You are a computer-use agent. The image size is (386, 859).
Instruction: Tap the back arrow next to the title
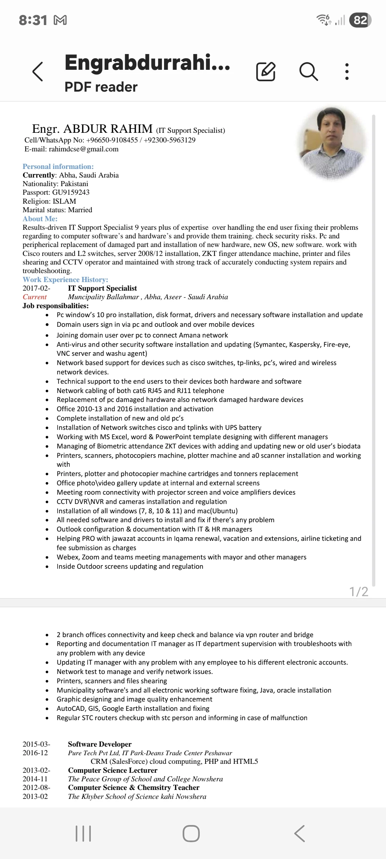coord(38,71)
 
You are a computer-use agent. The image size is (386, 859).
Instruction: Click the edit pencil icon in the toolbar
coord(266,71)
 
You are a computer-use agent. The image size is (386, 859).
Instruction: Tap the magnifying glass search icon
coord(308,71)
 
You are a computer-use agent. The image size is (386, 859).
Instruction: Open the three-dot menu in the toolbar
coord(347,71)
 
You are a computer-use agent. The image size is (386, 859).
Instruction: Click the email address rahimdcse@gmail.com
coord(84,149)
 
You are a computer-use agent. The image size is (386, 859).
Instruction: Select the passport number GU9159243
coord(71,193)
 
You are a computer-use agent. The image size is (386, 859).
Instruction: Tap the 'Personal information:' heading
coord(58,166)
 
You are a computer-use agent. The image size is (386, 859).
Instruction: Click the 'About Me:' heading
coord(40,219)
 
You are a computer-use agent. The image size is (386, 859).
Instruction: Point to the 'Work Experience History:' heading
coord(65,280)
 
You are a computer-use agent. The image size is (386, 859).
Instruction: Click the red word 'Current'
coord(35,297)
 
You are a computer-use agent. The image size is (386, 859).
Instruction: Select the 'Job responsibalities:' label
coord(55,306)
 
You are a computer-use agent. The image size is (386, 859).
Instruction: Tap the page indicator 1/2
coord(358,592)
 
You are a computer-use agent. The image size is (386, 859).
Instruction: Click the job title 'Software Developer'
coord(100,744)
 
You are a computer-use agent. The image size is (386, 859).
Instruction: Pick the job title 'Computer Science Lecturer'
coord(113,771)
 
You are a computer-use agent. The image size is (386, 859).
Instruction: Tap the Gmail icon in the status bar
coord(60,20)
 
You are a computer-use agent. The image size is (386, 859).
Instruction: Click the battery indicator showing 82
coord(360,20)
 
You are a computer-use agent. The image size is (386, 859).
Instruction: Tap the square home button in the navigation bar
coord(191,834)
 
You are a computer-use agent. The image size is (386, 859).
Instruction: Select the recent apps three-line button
coord(83,834)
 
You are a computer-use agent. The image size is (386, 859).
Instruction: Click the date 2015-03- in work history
coord(36,744)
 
